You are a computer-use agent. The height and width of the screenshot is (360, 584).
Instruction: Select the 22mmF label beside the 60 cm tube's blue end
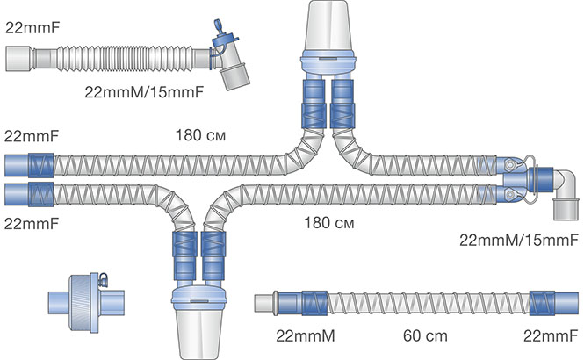(x=550, y=335)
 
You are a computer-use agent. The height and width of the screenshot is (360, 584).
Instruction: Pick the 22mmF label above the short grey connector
(x=32, y=27)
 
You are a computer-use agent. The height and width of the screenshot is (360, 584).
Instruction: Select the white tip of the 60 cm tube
(x=262, y=303)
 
